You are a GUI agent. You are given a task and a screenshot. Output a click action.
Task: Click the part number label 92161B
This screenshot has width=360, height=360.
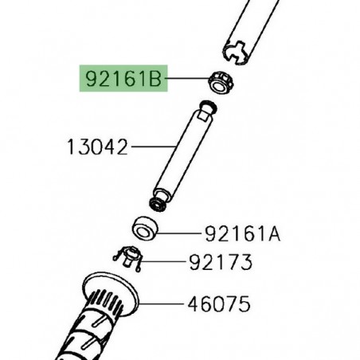(123, 79)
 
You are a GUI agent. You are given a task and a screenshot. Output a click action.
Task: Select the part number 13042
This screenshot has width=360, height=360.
(97, 147)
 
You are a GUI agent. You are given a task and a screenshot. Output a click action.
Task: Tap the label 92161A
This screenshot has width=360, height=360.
(243, 234)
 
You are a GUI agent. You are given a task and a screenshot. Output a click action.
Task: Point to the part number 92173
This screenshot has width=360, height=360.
(221, 262)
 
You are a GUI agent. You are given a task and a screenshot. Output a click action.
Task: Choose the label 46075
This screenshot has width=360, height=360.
(219, 304)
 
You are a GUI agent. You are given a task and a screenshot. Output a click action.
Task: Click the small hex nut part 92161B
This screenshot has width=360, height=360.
(221, 83)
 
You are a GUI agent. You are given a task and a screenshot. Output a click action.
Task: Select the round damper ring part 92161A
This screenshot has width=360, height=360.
(145, 229)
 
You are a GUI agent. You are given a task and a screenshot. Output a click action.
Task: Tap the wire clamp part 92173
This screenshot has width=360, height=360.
(129, 258)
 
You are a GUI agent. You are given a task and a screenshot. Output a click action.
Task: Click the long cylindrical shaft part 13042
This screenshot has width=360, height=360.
(182, 156)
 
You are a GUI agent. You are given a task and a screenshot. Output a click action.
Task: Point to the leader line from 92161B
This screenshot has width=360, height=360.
(187, 78)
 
